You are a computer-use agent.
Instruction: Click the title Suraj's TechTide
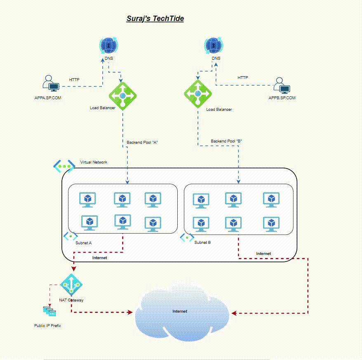click(155, 19)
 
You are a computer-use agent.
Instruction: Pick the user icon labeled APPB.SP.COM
click(282, 85)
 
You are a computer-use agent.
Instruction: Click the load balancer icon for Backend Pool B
click(197, 94)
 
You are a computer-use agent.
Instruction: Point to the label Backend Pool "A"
click(142, 143)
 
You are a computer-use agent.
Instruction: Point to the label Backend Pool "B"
click(226, 141)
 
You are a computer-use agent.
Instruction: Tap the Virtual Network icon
click(64, 166)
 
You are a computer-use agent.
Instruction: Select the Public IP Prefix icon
click(49, 311)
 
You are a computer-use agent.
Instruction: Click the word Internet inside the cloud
click(180, 311)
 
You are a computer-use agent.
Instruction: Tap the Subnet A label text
click(83, 243)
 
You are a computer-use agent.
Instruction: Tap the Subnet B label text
click(202, 243)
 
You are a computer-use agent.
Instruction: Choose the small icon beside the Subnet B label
click(187, 238)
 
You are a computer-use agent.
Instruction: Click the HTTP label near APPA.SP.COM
click(74, 79)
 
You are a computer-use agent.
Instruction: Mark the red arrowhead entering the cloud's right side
click(234, 313)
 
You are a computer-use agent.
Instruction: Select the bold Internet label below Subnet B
click(263, 254)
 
